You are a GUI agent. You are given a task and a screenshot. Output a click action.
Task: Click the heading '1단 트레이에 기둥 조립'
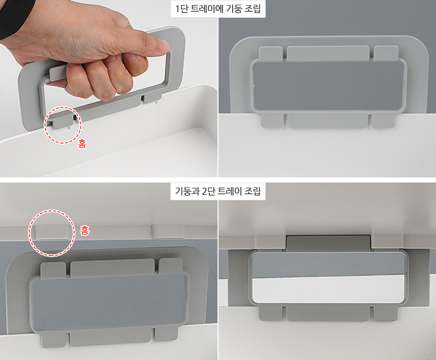(218, 9)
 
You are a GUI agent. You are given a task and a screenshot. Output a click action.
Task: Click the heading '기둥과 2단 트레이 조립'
(217, 191)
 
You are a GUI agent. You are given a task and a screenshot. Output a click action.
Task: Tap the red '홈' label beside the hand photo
(82, 143)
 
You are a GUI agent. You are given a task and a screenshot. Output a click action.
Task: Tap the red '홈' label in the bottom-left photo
(85, 230)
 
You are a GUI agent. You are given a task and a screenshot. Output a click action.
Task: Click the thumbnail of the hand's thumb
(163, 45)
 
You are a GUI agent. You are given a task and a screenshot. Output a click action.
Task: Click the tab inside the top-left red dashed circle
(62, 123)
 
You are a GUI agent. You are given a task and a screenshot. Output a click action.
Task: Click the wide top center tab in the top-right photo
(328, 53)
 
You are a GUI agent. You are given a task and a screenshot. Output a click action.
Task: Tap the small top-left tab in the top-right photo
(271, 53)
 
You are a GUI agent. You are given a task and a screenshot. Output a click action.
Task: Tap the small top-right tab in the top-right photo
(386, 53)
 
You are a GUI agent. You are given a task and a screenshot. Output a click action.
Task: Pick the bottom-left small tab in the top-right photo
(273, 121)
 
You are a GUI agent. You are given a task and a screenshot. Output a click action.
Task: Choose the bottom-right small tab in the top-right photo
(383, 121)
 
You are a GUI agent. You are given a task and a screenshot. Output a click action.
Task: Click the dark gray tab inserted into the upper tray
(328, 243)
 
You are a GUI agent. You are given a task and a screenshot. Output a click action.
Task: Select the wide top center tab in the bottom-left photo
(113, 268)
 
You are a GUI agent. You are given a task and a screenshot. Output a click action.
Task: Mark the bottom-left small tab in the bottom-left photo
(54, 340)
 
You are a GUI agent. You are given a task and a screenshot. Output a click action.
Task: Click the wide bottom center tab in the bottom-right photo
(328, 313)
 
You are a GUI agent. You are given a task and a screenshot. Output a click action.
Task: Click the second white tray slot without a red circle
(168, 232)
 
